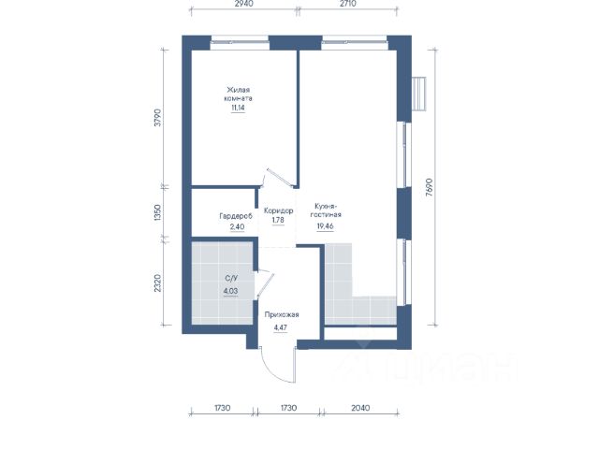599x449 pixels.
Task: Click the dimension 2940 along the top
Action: (x=243, y=4)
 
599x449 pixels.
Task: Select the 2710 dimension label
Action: (x=347, y=4)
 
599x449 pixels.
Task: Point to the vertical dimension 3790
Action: (x=158, y=118)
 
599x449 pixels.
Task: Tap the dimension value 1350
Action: (x=157, y=213)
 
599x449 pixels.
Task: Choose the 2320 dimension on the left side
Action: (x=157, y=282)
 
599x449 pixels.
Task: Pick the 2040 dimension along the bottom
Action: (x=359, y=408)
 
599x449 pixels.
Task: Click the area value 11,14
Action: (x=238, y=108)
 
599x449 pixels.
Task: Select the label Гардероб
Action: (x=236, y=216)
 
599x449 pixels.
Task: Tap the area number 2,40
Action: (x=237, y=226)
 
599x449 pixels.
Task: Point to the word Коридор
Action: (x=279, y=210)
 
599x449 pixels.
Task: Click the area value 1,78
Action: (x=278, y=221)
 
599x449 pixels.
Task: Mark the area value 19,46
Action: (x=325, y=226)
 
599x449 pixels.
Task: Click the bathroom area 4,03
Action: (x=231, y=291)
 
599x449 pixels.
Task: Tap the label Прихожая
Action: (x=282, y=315)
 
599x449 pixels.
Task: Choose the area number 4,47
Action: (x=281, y=327)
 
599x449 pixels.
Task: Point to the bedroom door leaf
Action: (x=280, y=178)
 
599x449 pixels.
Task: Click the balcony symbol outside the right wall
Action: (x=419, y=94)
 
